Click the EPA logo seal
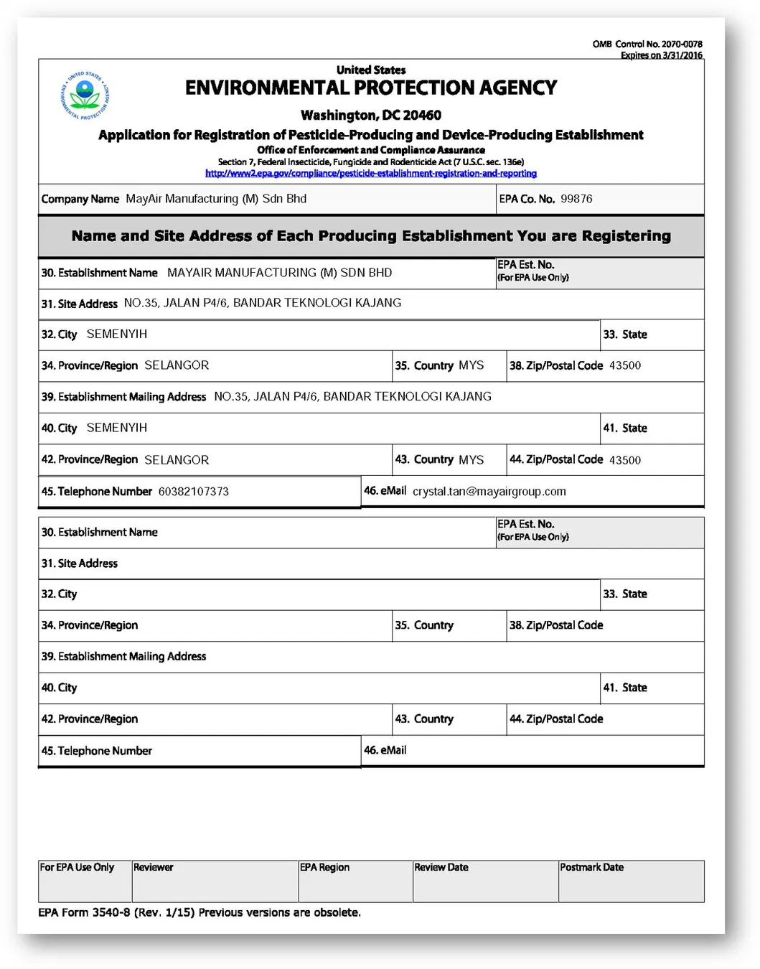tap(85, 95)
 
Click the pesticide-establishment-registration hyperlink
tap(370, 173)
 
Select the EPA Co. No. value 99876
tap(576, 199)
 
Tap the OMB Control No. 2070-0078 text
tap(647, 44)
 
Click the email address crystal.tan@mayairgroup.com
tap(489, 492)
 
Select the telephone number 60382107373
tap(193, 492)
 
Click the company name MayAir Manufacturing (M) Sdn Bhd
tap(215, 199)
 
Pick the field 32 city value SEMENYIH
tap(116, 334)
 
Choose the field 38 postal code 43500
tap(624, 365)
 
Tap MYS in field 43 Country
tap(471, 460)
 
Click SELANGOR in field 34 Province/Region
tap(177, 365)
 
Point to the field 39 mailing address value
tap(352, 396)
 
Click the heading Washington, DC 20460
tap(370, 115)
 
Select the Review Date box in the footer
tap(484, 881)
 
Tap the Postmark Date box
tap(631, 881)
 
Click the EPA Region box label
tap(324, 867)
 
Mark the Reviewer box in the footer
tap(215, 881)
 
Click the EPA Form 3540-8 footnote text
tap(199, 912)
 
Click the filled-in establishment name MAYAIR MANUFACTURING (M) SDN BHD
tap(279, 273)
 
